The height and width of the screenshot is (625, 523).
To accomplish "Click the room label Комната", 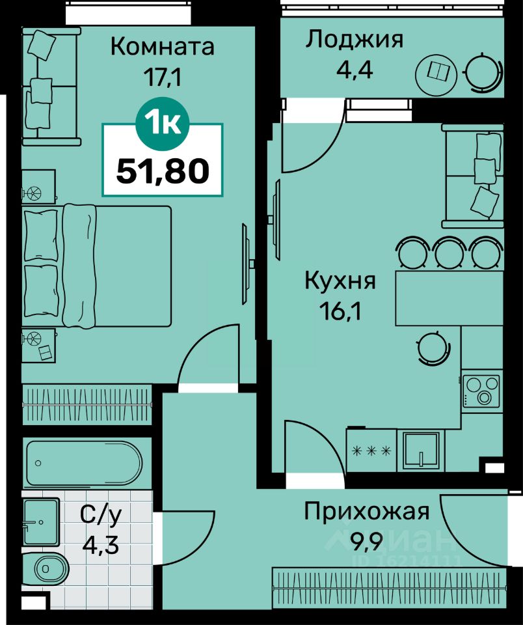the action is pos(162,47).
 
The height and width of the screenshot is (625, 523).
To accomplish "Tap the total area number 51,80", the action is pos(163,171).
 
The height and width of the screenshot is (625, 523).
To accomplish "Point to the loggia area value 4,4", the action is pos(354,70).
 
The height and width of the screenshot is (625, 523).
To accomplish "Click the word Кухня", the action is pos(340,281).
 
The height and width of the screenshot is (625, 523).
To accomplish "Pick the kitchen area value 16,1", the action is pos(340,312).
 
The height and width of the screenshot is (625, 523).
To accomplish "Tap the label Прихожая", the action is pos(366,512).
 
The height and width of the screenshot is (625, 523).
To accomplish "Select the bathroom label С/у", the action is pos(100,515).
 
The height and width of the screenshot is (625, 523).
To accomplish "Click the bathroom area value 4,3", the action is pos(100,544).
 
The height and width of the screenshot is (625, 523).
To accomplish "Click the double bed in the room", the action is pos(97,266).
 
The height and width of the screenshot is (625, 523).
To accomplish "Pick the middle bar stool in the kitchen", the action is pos(448,253).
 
